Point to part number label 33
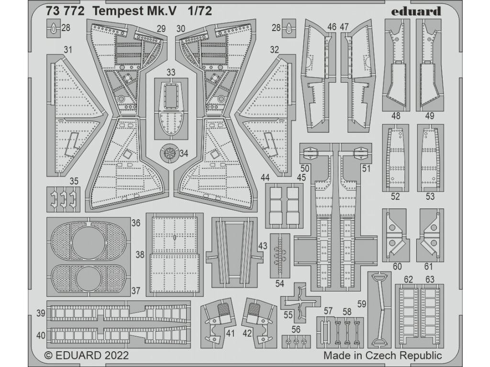171,73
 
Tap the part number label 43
263,245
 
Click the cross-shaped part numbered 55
300,302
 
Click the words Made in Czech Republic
382,356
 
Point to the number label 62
408,279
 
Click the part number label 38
140,255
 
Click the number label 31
68,50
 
